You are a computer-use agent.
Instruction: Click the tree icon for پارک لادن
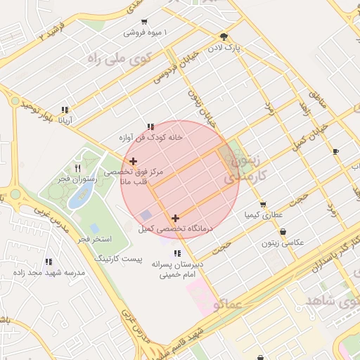click(224, 37)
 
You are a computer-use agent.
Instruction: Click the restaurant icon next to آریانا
click(65, 110)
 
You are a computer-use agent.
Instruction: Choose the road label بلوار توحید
click(37, 109)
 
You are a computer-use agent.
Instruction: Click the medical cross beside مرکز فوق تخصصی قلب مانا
click(133, 162)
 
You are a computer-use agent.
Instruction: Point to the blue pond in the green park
click(77, 198)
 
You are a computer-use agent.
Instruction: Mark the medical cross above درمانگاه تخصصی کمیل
click(175, 218)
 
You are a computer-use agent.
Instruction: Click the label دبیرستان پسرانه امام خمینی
click(178, 270)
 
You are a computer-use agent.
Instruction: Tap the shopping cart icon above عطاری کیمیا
click(263, 204)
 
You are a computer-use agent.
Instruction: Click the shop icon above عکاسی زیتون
click(283, 231)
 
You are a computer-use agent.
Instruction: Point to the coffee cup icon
click(335, 151)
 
